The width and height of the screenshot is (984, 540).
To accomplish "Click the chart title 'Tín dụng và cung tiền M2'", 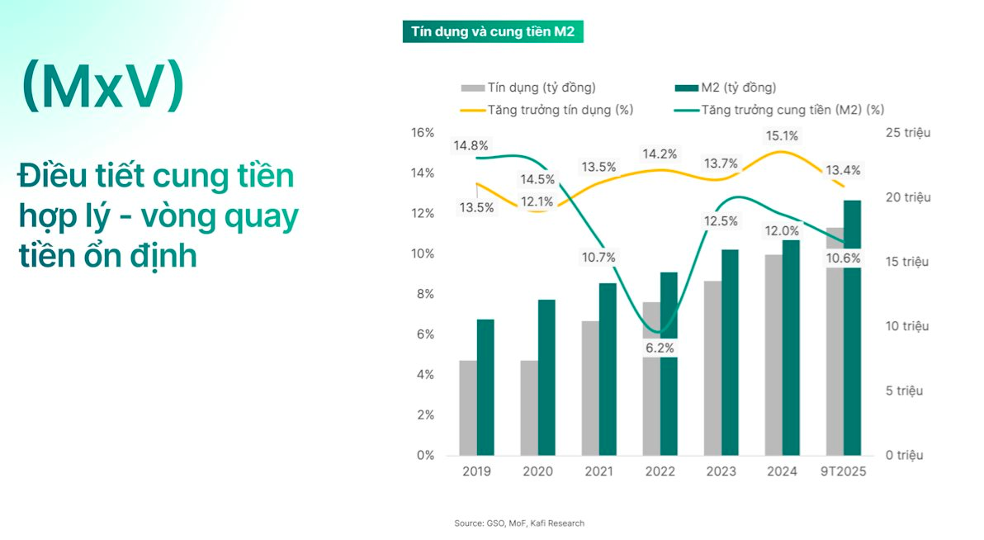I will [493, 32].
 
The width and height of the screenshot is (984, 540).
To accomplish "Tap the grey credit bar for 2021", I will [590, 388].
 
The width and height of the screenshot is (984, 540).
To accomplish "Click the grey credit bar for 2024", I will [773, 355].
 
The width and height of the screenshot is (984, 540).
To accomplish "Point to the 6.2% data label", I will [660, 348].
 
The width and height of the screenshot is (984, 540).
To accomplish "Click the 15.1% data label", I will [781, 136].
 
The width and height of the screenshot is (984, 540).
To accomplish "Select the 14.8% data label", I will [471, 146].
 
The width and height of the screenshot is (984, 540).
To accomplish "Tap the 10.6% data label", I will [843, 258].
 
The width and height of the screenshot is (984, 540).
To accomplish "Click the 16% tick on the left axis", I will [423, 133].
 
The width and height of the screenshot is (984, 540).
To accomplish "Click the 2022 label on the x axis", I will [660, 471].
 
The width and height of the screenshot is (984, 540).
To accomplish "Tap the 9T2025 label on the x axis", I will [843, 471].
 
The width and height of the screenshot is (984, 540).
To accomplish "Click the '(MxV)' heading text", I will [102, 87].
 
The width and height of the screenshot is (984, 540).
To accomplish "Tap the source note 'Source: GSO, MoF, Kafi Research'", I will [518, 523].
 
